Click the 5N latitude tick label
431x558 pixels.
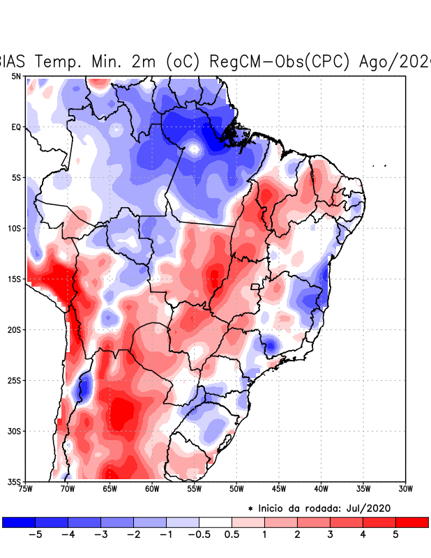pyautogui.click(x=15, y=76)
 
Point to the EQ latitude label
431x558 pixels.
pyautogui.click(x=15, y=127)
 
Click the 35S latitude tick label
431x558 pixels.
pyautogui.click(x=14, y=481)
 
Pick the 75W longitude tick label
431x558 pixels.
pyautogui.click(x=27, y=489)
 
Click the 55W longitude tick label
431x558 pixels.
pyautogui.click(x=195, y=489)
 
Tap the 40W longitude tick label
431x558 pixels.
pyautogui.click(x=321, y=489)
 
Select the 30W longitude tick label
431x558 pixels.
pyautogui.click(x=405, y=489)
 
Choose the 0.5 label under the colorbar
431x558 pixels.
pyautogui.click(x=232, y=535)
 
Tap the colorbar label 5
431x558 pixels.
pyautogui.click(x=395, y=535)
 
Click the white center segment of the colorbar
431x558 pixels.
pyautogui.click(x=215, y=522)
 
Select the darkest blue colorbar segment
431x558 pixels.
pyautogui.click(x=18, y=522)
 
